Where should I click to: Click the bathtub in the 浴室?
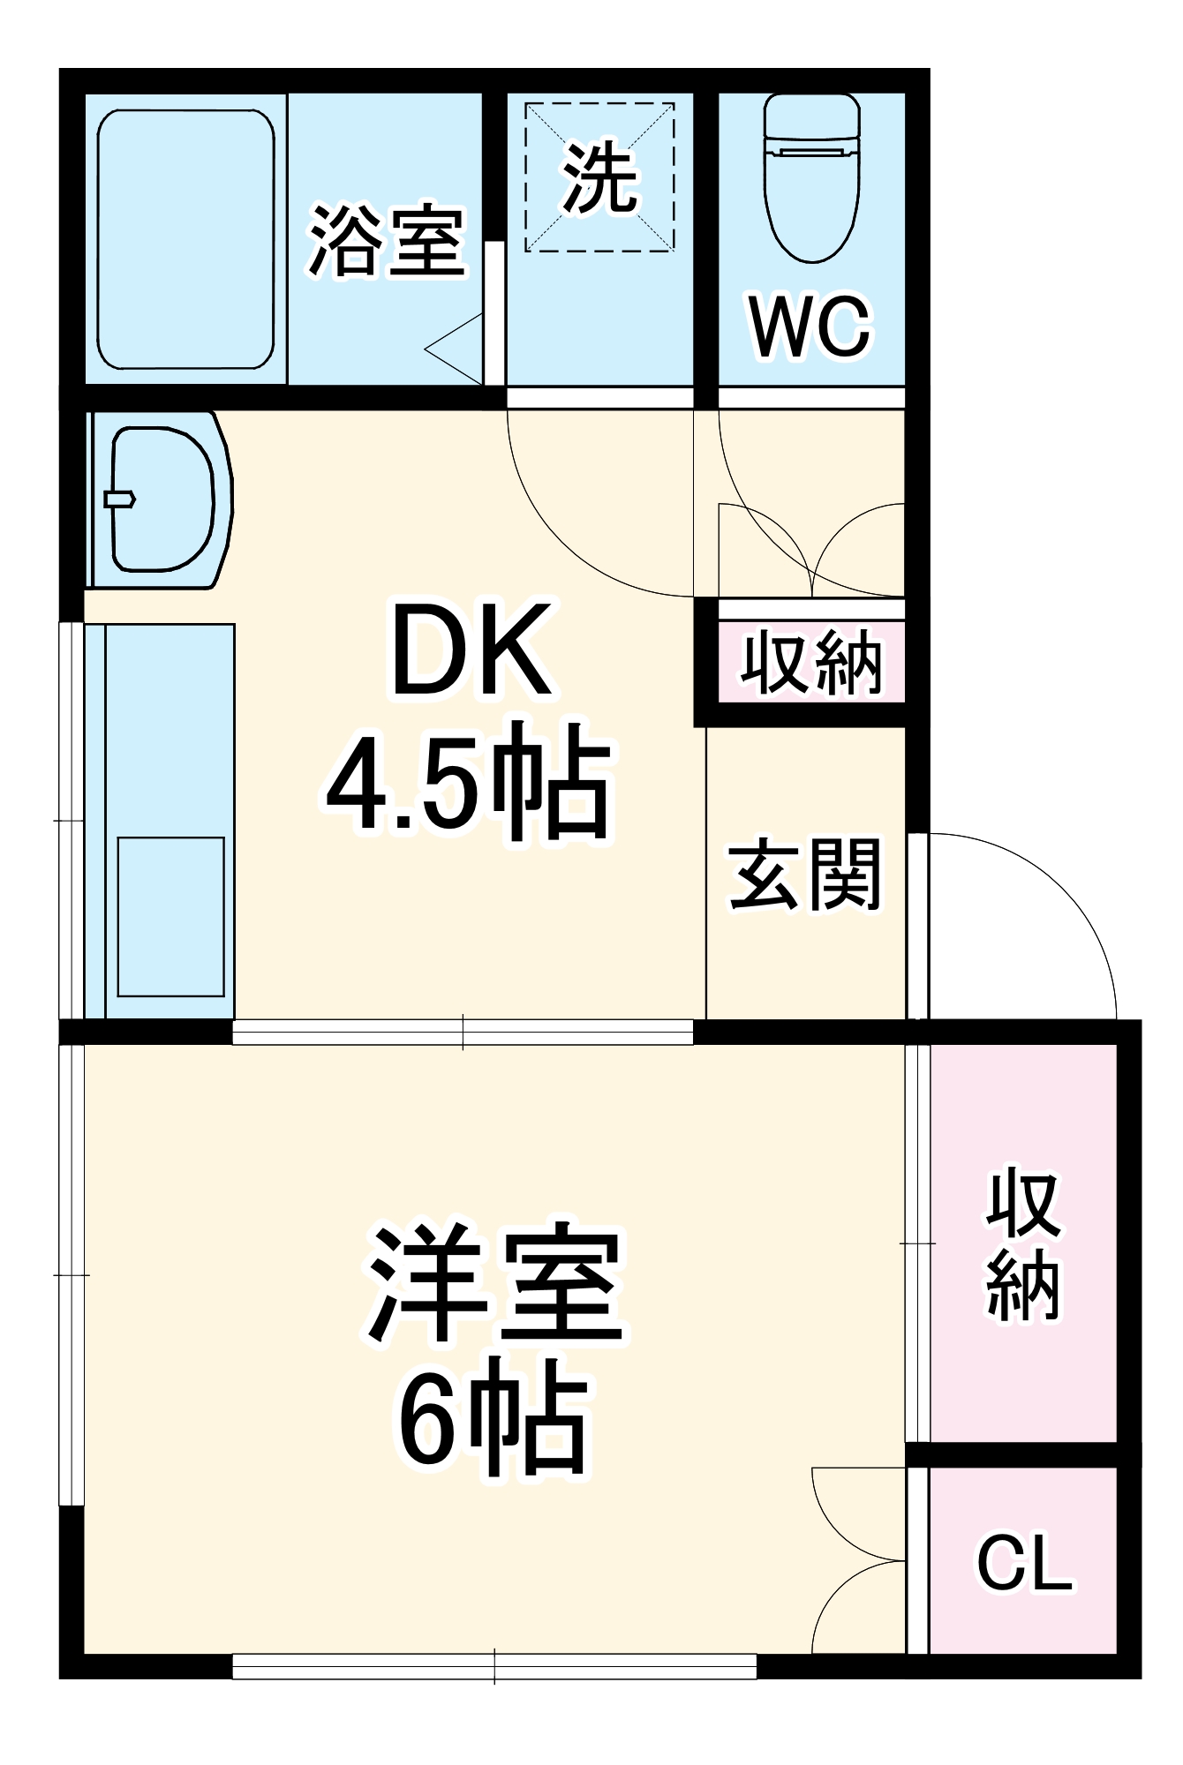click(185, 238)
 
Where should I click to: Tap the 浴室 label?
click(387, 241)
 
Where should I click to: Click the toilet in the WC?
click(811, 176)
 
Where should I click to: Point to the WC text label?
click(810, 327)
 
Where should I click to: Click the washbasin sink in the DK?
click(162, 499)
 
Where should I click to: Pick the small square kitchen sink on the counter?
click(170, 916)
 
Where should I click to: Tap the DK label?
click(472, 650)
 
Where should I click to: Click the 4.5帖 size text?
click(469, 782)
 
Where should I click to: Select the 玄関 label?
click(804, 875)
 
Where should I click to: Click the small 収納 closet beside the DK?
click(811, 662)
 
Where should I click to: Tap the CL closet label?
click(1024, 1564)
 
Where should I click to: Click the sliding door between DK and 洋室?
click(463, 1032)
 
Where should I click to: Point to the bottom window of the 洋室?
click(494, 1666)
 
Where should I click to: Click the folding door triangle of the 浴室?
click(456, 349)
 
